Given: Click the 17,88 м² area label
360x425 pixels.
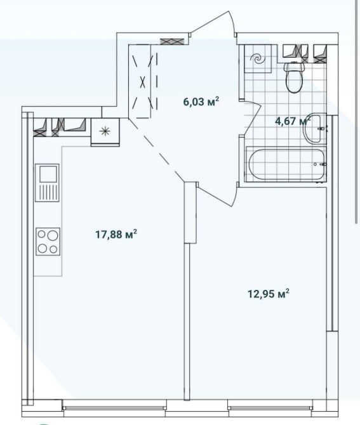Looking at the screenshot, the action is [x=116, y=234].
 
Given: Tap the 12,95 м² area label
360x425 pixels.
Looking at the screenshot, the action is [x=269, y=294].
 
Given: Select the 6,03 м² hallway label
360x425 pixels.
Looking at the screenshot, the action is [x=201, y=102].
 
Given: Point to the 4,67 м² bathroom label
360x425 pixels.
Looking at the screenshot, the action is [x=293, y=121].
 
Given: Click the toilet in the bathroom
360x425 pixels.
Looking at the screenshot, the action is [x=294, y=77].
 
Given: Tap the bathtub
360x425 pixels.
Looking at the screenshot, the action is [x=286, y=164].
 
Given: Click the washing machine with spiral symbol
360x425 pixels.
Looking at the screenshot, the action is [x=258, y=59].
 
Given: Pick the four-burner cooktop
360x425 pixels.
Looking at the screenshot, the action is [x=48, y=242].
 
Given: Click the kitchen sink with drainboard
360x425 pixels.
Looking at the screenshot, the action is [x=47, y=183].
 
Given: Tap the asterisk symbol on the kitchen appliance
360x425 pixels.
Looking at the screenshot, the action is [x=105, y=131].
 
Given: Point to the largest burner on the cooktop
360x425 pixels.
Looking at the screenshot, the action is [x=53, y=236].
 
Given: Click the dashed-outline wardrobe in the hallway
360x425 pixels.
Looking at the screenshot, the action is [x=143, y=81].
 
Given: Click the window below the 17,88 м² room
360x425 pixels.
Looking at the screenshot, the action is [x=114, y=408].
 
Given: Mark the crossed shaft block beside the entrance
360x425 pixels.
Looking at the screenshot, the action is [x=172, y=41].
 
